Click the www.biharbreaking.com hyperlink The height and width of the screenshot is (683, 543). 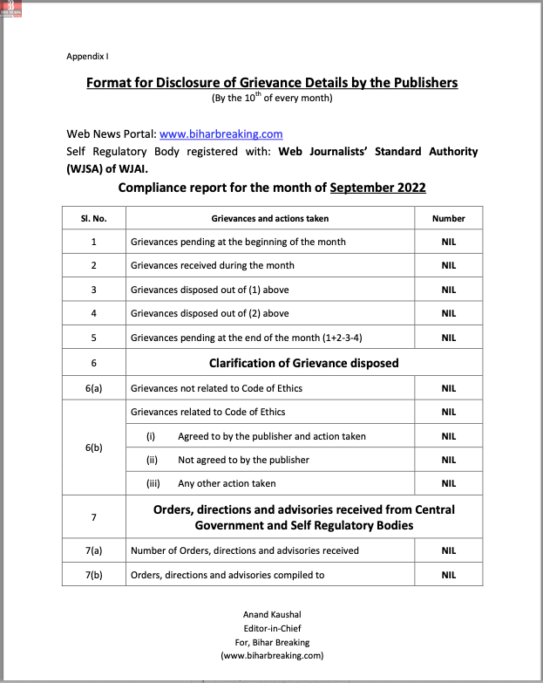click(x=221, y=134)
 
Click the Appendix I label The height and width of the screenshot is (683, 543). click(x=87, y=57)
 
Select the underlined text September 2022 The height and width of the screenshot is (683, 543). click(x=377, y=188)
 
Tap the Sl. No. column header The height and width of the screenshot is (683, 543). click(x=93, y=218)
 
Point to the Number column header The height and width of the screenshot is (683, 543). click(x=448, y=218)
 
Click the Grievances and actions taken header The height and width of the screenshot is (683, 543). click(x=270, y=218)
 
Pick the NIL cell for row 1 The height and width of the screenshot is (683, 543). click(x=448, y=242)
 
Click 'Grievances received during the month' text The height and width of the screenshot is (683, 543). click(x=213, y=265)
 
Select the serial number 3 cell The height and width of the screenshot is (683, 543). click(x=93, y=290)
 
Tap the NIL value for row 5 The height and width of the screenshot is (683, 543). click(x=448, y=338)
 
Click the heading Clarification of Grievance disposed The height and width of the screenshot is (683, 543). click(x=303, y=363)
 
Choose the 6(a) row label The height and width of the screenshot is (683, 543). click(x=93, y=387)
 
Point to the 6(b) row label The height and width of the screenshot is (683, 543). click(x=93, y=447)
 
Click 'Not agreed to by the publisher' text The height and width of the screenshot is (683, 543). click(x=243, y=460)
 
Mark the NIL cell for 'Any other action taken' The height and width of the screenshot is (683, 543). click(x=448, y=483)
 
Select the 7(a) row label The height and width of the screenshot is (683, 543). click(x=93, y=550)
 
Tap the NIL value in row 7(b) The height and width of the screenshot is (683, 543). click(x=448, y=575)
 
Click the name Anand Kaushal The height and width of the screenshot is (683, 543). click(x=272, y=615)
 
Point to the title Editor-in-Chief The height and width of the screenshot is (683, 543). click(x=272, y=628)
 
